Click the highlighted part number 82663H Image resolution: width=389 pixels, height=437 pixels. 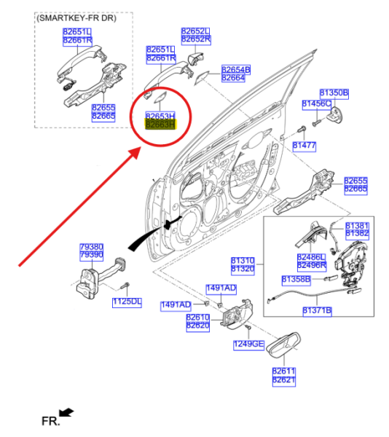(x=160, y=125)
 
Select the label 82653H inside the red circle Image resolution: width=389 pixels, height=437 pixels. (x=160, y=116)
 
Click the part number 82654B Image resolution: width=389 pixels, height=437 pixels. (x=236, y=69)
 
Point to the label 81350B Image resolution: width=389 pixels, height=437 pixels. (x=334, y=93)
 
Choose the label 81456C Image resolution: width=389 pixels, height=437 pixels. (x=316, y=105)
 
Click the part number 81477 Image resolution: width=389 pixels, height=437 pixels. (x=304, y=146)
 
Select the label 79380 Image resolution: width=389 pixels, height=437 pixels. (x=92, y=248)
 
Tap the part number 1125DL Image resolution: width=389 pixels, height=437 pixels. (x=126, y=302)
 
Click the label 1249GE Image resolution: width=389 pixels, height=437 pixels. (x=248, y=343)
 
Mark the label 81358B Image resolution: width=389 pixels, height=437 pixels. (x=296, y=279)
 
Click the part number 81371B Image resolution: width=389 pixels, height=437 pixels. (x=317, y=310)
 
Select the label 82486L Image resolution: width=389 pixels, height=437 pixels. (x=310, y=257)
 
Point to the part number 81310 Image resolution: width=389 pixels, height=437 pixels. (x=243, y=260)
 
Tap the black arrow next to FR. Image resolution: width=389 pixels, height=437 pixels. (x=66, y=413)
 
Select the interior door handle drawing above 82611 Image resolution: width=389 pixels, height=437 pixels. (x=281, y=350)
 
